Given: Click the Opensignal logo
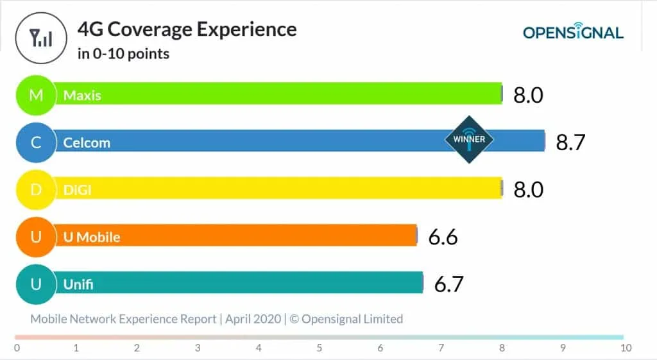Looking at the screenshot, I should [572, 32].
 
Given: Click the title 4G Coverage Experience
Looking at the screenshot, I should [187, 30].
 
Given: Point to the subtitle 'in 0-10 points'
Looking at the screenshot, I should [123, 54].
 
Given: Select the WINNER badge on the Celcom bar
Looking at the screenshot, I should [469, 139].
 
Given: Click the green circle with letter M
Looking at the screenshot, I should [37, 96].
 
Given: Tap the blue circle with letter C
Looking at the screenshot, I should [37, 142].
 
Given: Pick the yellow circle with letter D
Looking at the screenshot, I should [37, 189].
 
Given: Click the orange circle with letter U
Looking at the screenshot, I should [37, 237].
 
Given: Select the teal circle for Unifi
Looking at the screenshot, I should [37, 284].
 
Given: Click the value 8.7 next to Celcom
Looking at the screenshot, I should [571, 142].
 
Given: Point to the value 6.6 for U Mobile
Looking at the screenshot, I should [443, 237].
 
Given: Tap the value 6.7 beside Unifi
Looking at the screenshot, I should [448, 284].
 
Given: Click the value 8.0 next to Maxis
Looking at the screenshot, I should [528, 96].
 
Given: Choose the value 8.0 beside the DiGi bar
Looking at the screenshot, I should [528, 189].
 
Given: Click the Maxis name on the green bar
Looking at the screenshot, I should [82, 96].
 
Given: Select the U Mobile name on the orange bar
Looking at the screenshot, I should [92, 237].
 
